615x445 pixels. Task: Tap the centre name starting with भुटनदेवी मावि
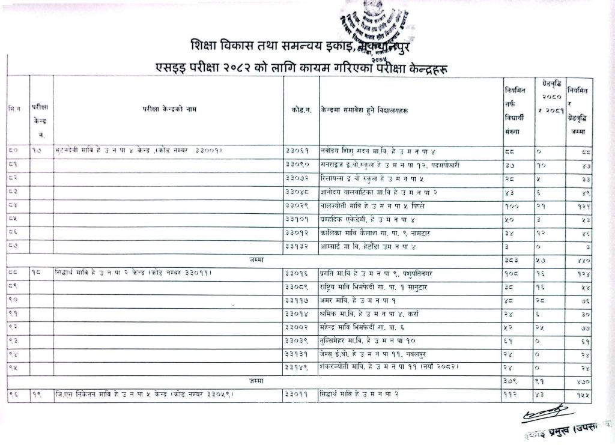138,151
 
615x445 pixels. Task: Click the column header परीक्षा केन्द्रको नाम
169,109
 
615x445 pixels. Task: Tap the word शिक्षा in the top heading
202,46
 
